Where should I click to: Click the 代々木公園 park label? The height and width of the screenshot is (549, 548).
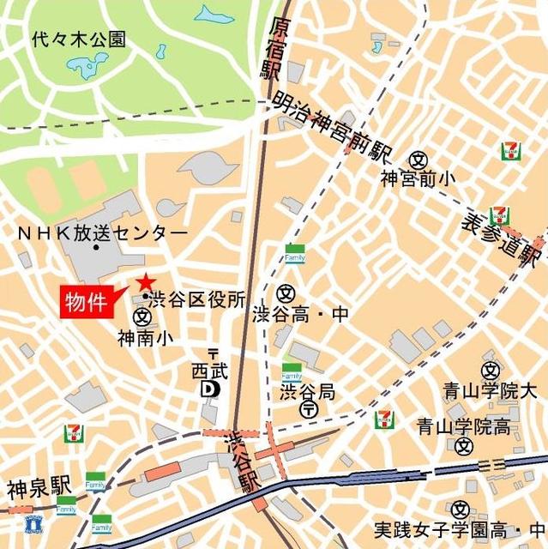78,39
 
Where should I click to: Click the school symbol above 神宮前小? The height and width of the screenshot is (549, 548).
419,159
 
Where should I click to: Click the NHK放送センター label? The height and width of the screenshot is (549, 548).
102,233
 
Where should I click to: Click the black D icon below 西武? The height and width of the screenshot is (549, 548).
210,390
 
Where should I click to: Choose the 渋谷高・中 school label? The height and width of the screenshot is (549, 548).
301,314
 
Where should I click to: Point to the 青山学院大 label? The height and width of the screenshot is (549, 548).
481,391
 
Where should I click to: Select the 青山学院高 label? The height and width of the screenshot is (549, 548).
464,425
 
